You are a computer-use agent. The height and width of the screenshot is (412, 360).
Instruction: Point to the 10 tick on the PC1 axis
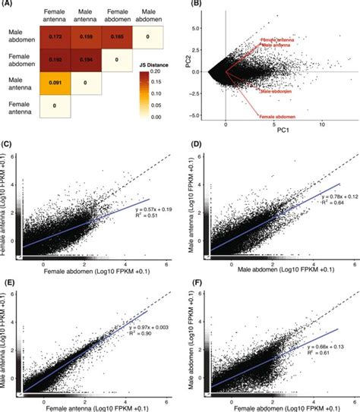pos(324,124)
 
